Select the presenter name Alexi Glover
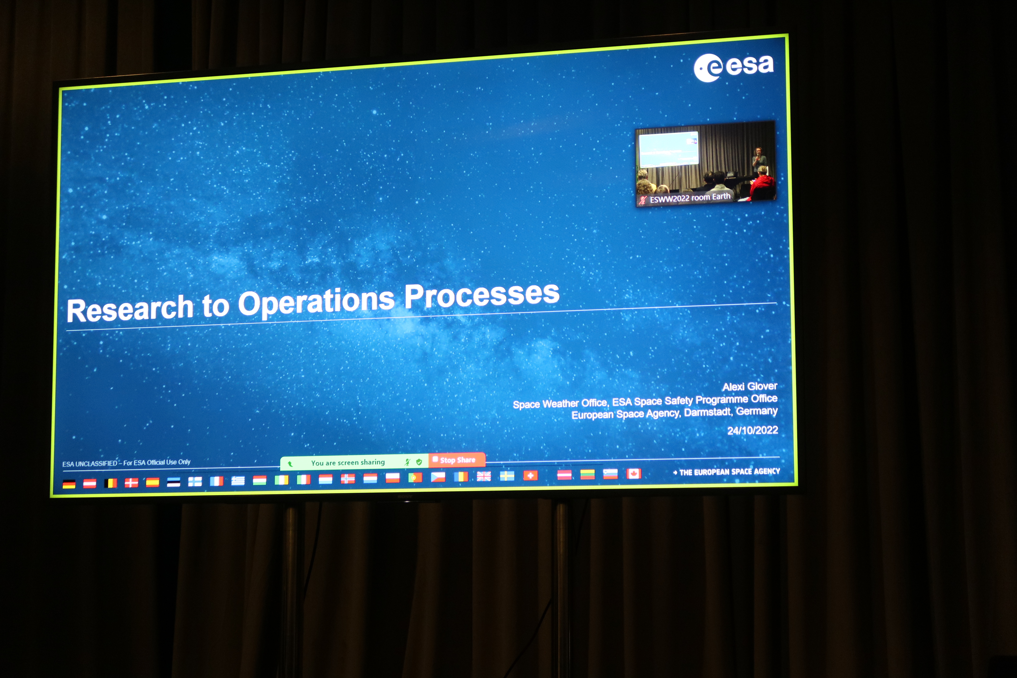click(x=750, y=386)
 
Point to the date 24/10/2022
click(x=752, y=430)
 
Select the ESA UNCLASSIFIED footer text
click(x=126, y=463)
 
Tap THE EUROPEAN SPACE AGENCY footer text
click(x=730, y=472)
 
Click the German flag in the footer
click(x=69, y=484)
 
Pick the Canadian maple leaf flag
click(x=633, y=474)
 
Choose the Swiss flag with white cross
click(x=530, y=476)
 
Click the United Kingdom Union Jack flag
click(x=484, y=476)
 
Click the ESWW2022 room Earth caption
click(x=690, y=198)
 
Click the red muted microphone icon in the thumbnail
click(x=643, y=200)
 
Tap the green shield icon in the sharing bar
click(x=418, y=462)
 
